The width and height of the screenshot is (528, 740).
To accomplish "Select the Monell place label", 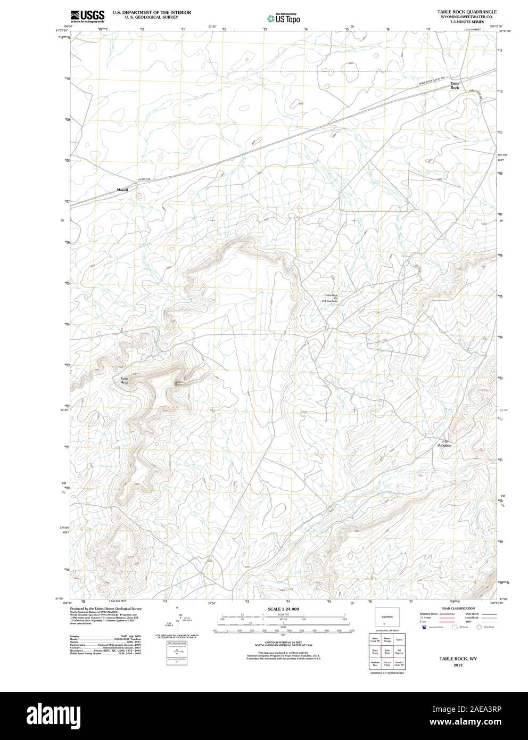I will coord(122,190).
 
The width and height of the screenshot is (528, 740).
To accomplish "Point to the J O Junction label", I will coord(444,443).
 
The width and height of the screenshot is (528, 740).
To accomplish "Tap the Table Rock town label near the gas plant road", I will coord(455,86).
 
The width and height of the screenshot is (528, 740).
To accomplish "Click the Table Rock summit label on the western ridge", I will coord(124,381).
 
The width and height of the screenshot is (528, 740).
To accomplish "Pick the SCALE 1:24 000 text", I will coord(284,609).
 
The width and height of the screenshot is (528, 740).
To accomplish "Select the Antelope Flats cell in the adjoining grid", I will coord(375,664).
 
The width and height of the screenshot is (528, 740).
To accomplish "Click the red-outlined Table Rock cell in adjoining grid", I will coord(387,651).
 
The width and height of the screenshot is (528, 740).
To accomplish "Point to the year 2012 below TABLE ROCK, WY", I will coord(457,665).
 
